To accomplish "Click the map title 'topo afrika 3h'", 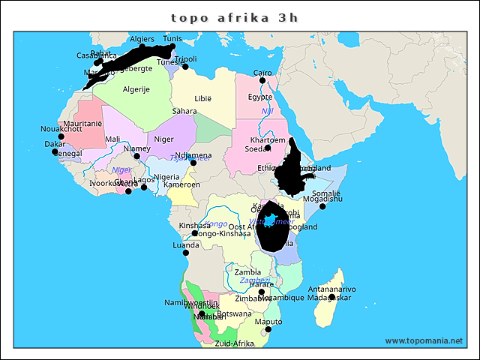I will click(234, 17).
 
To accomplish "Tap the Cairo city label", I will click(262, 73).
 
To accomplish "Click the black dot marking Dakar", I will click(55, 151).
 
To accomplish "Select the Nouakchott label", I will click(61, 129).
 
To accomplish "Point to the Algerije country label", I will click(136, 89).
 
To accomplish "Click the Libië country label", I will click(203, 99).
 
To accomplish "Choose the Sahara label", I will click(184, 111).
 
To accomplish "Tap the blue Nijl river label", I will click(267, 112).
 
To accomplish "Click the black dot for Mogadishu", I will click(323, 206).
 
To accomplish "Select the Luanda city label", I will click(185, 244).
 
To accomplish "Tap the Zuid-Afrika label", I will click(233, 343).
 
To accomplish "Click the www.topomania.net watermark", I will click(424, 340).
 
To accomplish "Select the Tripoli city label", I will click(185, 58).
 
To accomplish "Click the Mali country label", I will click(112, 139).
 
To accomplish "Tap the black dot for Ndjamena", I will click(193, 163).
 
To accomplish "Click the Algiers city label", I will click(142, 39).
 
